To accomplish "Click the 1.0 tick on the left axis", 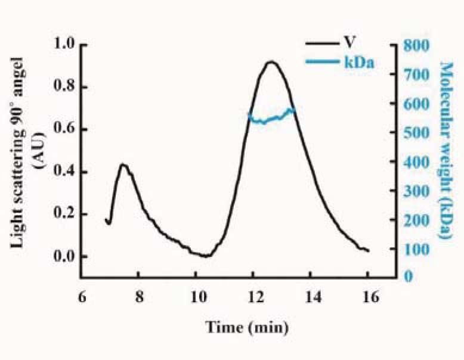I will (64, 44).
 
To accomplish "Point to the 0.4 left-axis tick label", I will (64, 172).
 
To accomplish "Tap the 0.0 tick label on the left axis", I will (64, 257).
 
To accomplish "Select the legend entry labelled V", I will (347, 44).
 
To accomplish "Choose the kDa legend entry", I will (358, 61).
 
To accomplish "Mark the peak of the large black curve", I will (272, 61).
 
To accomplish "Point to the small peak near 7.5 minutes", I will (123, 165).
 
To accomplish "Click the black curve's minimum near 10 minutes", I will (205, 256).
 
